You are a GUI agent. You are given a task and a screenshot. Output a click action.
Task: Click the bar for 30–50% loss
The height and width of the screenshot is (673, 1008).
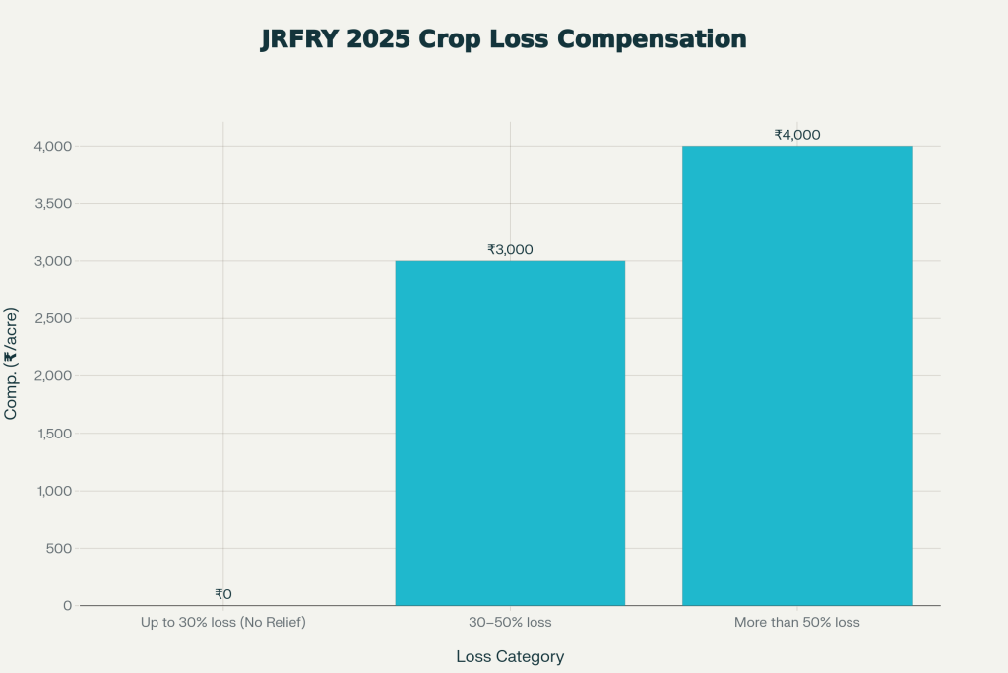tap(510, 433)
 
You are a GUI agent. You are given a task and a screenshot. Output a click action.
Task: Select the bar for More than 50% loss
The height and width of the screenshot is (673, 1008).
tap(796, 375)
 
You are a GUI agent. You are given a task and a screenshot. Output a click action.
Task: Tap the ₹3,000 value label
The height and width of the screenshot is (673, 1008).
tap(510, 249)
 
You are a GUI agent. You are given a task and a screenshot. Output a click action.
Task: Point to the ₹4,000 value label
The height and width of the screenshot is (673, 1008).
tap(796, 135)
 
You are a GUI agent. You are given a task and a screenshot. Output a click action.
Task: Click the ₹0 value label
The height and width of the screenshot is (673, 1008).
tap(223, 594)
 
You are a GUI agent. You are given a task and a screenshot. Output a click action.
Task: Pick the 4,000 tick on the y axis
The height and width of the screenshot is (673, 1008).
tap(52, 146)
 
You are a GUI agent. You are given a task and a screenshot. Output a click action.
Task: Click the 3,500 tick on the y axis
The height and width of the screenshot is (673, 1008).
tap(52, 204)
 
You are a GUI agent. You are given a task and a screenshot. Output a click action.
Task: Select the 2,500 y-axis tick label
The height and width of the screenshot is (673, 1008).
tap(52, 318)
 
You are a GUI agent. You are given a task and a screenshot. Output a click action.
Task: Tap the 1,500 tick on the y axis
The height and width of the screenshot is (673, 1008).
tap(52, 434)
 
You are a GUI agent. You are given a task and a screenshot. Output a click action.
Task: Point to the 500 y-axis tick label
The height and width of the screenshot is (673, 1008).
tap(60, 548)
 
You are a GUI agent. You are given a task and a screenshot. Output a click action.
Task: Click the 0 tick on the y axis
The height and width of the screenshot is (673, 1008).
tap(67, 605)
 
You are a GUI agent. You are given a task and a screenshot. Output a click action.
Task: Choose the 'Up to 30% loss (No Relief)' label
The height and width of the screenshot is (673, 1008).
tap(223, 623)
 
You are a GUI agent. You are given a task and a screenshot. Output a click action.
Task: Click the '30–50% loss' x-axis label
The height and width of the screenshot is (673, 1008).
tap(510, 623)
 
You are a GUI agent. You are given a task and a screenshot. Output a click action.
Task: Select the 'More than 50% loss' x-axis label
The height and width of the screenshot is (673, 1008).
tap(796, 623)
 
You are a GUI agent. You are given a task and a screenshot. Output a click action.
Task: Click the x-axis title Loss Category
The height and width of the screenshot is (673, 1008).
tap(510, 656)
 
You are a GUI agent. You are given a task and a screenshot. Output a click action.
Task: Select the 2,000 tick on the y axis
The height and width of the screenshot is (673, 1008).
tap(52, 375)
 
